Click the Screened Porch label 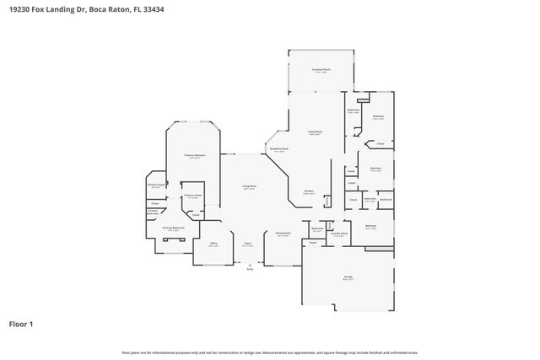(x=321, y=71)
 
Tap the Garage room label (x=348, y=277)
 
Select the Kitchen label (x=309, y=192)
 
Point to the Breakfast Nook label (x=278, y=150)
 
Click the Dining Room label (x=283, y=234)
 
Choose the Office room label (x=213, y=245)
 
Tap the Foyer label (x=248, y=244)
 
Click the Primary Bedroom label (x=195, y=156)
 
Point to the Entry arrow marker (x=249, y=266)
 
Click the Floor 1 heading (x=21, y=323)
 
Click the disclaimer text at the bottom (x=270, y=352)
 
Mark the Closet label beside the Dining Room (x=312, y=243)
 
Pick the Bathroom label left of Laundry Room (x=317, y=228)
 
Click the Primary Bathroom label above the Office (x=174, y=228)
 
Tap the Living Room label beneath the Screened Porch (x=315, y=132)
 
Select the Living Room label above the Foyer (x=249, y=187)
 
